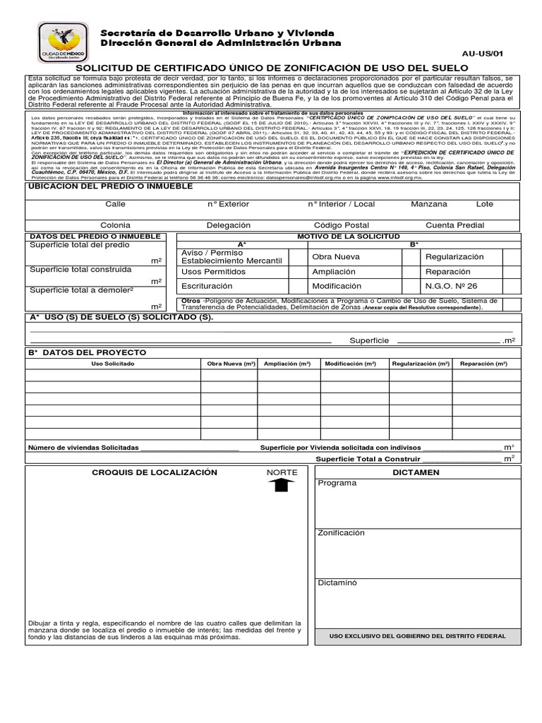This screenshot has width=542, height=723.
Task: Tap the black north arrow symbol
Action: tap(282, 485)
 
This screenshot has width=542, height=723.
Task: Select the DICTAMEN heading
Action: tap(416, 472)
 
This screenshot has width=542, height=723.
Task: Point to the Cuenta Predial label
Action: tap(454, 225)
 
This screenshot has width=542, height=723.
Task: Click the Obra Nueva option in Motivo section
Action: tap(336, 257)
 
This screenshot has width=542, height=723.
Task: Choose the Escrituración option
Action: tap(207, 286)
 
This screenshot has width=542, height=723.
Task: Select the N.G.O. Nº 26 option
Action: tap(450, 286)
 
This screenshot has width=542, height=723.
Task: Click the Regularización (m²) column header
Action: tap(421, 364)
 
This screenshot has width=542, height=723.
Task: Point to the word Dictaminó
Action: tap(337, 582)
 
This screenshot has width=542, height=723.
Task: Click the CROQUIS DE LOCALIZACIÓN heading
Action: tap(155, 472)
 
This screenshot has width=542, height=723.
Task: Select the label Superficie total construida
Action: tap(80, 269)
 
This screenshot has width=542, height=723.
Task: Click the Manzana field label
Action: tap(429, 204)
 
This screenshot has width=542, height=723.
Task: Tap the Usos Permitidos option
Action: tap(213, 272)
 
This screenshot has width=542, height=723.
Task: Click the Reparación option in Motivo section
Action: tap(447, 272)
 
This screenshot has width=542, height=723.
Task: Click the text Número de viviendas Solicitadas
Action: tap(83, 448)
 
